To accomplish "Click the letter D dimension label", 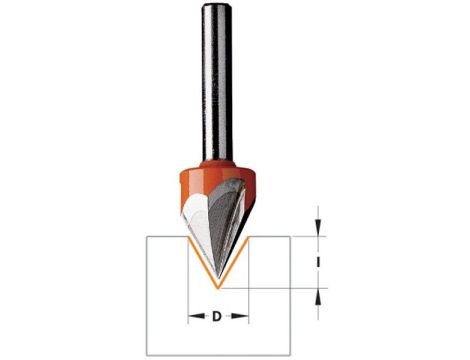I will pos(217,317).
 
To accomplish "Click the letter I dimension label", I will pos(319,262).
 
